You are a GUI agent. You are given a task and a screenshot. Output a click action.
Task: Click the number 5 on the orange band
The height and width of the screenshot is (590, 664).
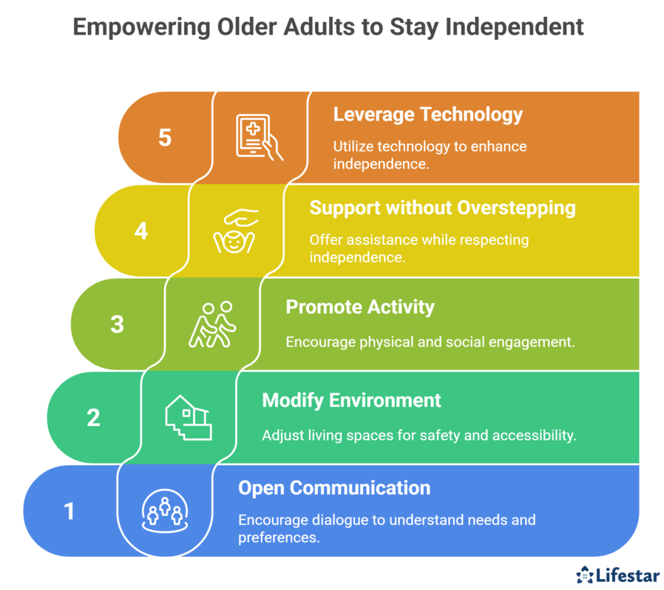[165, 138]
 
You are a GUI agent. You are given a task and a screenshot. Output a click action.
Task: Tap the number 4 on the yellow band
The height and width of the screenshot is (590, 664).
[141, 231]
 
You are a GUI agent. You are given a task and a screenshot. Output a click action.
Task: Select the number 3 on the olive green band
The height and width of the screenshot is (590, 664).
[118, 325]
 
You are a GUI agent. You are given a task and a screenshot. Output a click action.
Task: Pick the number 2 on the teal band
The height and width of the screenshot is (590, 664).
[93, 418]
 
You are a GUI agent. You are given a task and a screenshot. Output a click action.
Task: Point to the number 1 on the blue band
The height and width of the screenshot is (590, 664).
[69, 511]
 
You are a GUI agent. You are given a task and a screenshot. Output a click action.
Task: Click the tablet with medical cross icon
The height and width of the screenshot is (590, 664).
[259, 138]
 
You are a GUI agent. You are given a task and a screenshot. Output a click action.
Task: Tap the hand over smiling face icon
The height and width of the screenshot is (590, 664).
[235, 231]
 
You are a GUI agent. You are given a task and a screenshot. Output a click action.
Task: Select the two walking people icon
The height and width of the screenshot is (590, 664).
[212, 325]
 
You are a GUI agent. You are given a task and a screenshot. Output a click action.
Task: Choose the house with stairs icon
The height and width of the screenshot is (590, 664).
[189, 418]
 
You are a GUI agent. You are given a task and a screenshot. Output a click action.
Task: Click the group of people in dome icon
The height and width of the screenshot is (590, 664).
[165, 511]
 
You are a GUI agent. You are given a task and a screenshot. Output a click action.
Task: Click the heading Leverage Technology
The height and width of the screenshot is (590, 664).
[427, 115]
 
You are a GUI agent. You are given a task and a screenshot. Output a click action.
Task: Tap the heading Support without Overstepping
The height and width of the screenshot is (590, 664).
[442, 208]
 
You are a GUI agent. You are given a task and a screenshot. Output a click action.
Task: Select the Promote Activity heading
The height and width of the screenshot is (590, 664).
[360, 307]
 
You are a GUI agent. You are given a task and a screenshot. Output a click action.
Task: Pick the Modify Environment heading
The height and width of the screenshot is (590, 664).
[351, 401]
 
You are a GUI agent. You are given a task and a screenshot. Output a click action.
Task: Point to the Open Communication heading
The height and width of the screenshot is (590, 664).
[334, 488]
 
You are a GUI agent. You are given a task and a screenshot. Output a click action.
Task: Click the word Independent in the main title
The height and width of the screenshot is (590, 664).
[515, 27]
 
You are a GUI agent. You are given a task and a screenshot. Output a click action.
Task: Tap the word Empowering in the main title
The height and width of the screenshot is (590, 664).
[141, 28]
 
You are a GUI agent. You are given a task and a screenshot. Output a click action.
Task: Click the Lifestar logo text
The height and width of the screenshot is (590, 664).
[628, 575]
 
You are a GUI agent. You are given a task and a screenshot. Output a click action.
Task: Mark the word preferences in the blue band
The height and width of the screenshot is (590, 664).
[279, 538]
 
